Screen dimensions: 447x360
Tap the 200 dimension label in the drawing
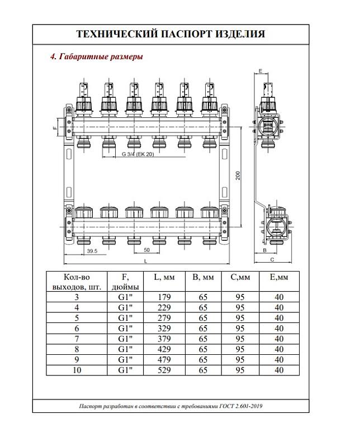coord(238,175)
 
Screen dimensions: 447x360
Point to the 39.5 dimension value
coord(77,251)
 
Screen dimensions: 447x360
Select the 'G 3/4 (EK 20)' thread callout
coord(137,154)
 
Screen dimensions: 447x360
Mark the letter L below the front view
coord(145,261)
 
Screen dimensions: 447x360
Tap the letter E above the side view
coord(261,71)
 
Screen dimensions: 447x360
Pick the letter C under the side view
coord(271,260)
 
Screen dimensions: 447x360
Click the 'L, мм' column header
coord(164,277)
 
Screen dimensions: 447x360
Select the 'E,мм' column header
coord(279,277)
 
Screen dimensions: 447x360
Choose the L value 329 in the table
coord(164,329)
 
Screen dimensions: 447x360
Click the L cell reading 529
coord(164,370)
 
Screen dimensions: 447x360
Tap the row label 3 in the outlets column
coord(77,297)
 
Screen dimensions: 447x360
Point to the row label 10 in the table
coord(77,370)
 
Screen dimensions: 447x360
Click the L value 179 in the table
coord(164,297)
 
